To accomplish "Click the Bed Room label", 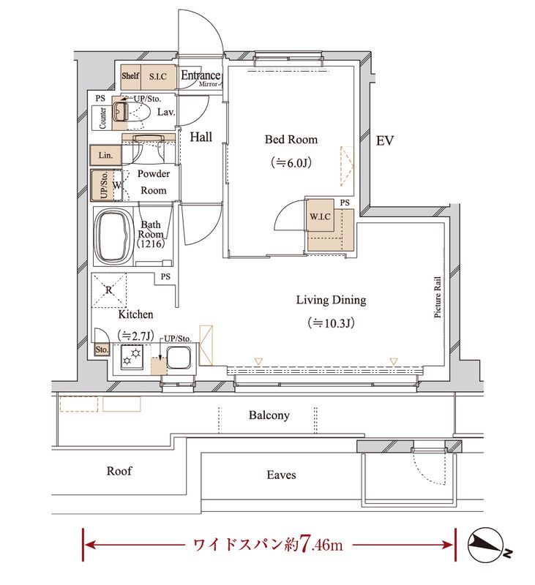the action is pyautogui.click(x=291, y=140).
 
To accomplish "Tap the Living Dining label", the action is pyautogui.click(x=331, y=300).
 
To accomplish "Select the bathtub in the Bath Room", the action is pyautogui.click(x=114, y=237).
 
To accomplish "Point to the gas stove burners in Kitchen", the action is pyautogui.click(x=132, y=357).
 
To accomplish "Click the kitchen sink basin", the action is pyautogui.click(x=179, y=358).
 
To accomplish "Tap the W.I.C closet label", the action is pyautogui.click(x=320, y=216).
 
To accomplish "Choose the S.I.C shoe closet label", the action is pyautogui.click(x=158, y=77).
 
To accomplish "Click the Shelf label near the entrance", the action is pyautogui.click(x=130, y=76).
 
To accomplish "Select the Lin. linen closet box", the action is pyautogui.click(x=105, y=155).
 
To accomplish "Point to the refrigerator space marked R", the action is pyautogui.click(x=109, y=290).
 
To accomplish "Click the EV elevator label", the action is pyautogui.click(x=384, y=140).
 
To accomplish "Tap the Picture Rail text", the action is pyautogui.click(x=438, y=297).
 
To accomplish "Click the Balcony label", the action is pyautogui.click(x=269, y=415).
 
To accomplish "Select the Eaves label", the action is pyautogui.click(x=281, y=475).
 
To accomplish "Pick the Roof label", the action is pyautogui.click(x=119, y=471).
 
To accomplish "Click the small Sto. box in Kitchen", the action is pyautogui.click(x=102, y=350).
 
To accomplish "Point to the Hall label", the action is pyautogui.click(x=201, y=137).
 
